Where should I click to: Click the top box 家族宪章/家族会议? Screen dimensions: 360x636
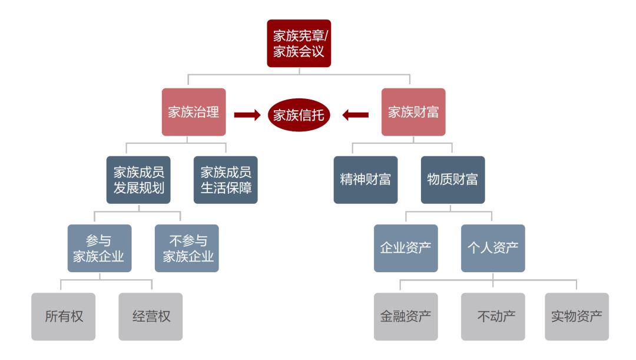point(298,43)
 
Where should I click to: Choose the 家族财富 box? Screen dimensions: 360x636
point(413,113)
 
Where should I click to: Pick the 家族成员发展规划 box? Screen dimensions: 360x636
point(138,180)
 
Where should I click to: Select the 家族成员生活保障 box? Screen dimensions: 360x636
point(226,180)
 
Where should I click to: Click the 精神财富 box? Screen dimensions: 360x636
point(365,180)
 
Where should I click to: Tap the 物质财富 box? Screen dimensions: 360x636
point(452,180)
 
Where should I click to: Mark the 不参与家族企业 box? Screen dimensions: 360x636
point(186,248)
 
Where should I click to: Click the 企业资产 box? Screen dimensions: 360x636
point(406,248)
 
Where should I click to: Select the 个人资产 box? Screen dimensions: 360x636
point(493,248)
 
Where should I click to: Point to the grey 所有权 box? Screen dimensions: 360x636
point(64,316)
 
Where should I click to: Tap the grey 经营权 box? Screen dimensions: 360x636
point(151,316)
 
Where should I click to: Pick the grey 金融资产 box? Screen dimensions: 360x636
point(406,316)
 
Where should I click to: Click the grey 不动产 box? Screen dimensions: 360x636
point(493,316)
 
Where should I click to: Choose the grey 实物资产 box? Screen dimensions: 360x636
point(577,316)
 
